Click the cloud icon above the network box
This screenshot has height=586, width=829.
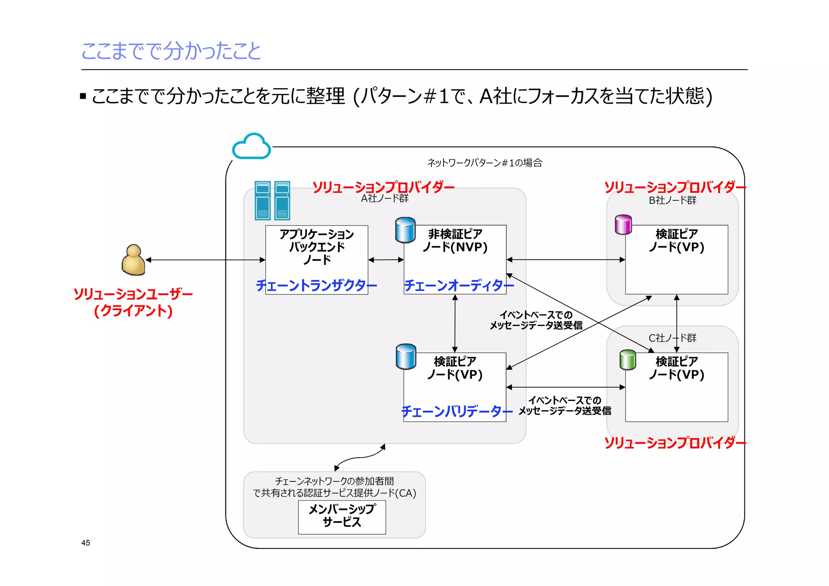click(251, 146)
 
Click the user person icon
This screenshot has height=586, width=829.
click(133, 260)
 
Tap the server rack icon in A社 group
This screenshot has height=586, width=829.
click(272, 200)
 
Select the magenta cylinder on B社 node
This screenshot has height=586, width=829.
click(623, 225)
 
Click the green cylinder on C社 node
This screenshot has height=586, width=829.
click(628, 360)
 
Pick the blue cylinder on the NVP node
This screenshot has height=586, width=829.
click(405, 230)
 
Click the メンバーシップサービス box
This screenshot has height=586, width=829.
click(342, 517)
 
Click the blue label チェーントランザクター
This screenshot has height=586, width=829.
click(316, 286)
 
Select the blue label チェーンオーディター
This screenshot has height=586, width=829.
click(459, 286)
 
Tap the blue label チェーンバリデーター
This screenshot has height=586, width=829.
click(457, 411)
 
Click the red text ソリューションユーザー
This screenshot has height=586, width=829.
click(133, 294)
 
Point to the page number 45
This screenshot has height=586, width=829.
click(86, 543)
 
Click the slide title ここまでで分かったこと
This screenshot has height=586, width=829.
click(171, 51)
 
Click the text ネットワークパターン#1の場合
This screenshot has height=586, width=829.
click(485, 163)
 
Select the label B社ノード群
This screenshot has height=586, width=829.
click(672, 200)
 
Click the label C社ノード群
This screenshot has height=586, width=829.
click(672, 338)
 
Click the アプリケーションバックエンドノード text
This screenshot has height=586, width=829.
click(317, 247)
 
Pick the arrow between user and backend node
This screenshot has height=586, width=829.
click(205, 260)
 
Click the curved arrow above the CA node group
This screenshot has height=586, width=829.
click(360, 457)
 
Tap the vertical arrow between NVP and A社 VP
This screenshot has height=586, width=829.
click(455, 323)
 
